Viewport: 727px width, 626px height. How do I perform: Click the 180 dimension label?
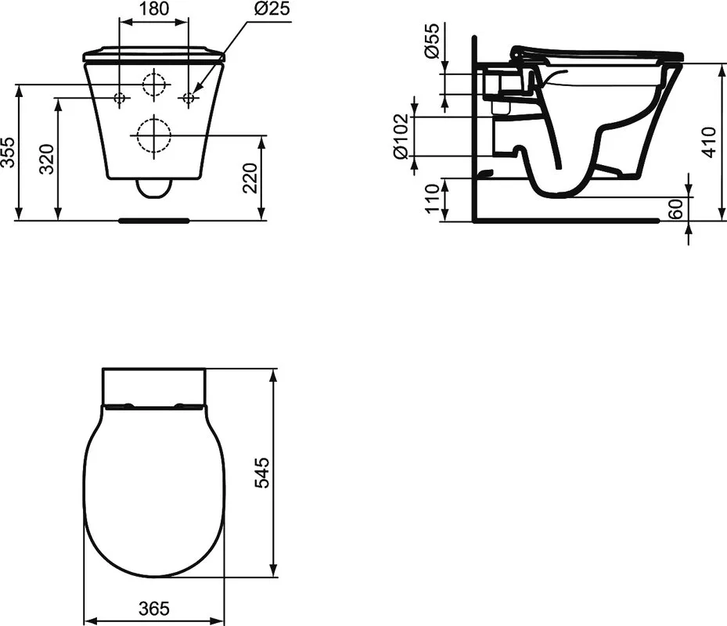coord(154,9)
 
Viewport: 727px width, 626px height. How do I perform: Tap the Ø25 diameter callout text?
coord(272,9)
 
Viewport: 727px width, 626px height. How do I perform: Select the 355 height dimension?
coord(9,152)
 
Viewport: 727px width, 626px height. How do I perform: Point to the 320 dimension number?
coord(47,159)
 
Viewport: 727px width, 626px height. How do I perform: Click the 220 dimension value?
coord(250,178)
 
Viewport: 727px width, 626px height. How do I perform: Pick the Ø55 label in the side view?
coord(431,41)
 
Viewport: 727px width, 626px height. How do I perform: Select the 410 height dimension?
coord(709,142)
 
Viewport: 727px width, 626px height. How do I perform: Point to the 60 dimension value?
coord(677,209)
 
